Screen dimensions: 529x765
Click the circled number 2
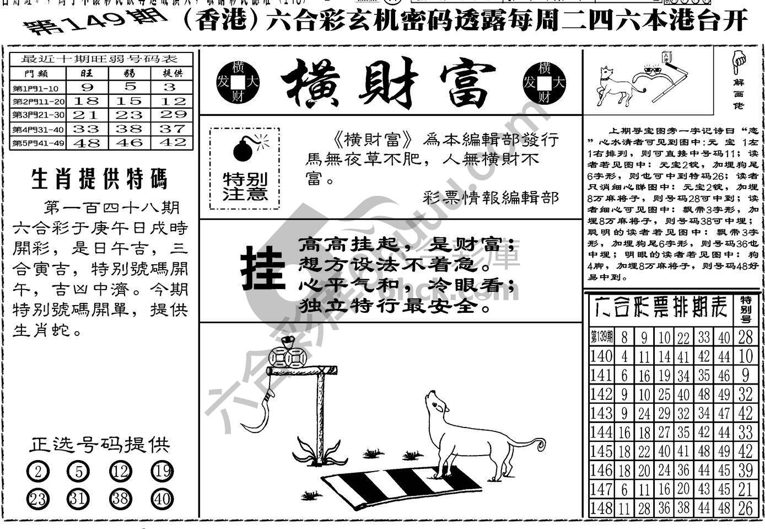38,472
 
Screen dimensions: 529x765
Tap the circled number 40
162,499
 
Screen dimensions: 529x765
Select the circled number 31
78,499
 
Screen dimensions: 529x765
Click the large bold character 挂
263,268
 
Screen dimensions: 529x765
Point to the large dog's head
438,405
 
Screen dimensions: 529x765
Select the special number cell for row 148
746,508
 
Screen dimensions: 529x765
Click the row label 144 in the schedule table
601,432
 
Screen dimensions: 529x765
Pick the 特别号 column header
746,309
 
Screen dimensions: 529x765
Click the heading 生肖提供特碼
100,179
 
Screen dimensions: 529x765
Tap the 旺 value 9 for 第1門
87,87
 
